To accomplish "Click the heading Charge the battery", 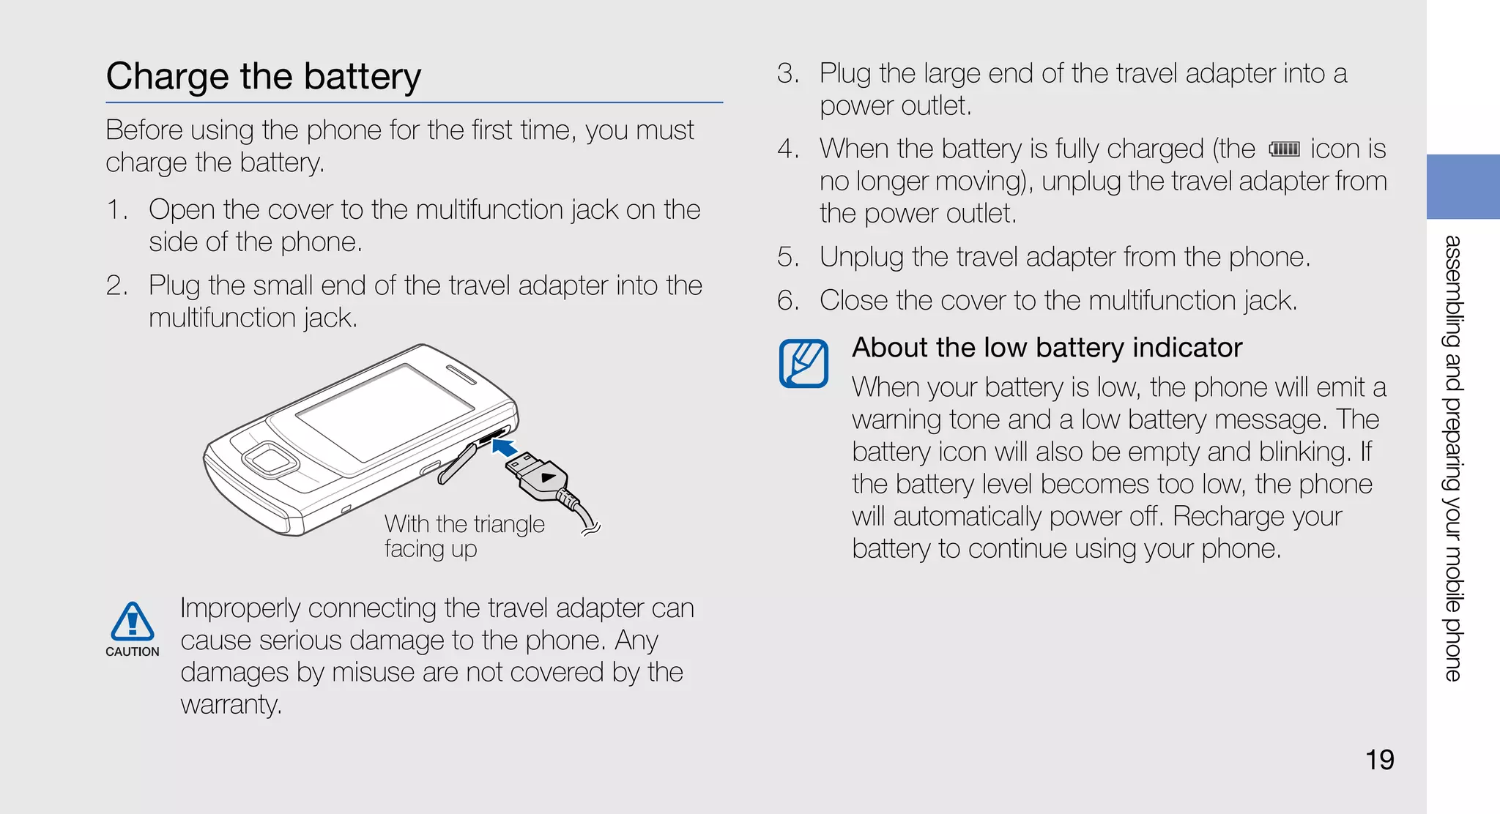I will click(x=264, y=77).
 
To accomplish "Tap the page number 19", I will click(x=1379, y=760).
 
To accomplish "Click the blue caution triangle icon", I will click(x=132, y=622).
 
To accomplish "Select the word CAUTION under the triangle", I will click(x=132, y=651).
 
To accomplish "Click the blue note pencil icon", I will click(x=803, y=363).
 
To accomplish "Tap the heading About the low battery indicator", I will click(x=1047, y=348).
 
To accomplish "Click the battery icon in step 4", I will click(x=1284, y=149).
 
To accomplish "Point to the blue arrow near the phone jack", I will click(x=505, y=447).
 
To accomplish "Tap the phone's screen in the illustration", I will click(x=385, y=414).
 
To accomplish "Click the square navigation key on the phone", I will click(x=270, y=460).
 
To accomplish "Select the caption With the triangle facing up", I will click(x=464, y=536).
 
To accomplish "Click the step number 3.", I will click(x=787, y=74).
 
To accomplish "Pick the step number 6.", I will click(x=787, y=301).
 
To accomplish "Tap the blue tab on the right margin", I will click(x=1463, y=187).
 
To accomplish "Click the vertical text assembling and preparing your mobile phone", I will click(x=1453, y=458).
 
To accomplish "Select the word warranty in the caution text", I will click(x=230, y=705).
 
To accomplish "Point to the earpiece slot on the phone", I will click(x=461, y=376).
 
